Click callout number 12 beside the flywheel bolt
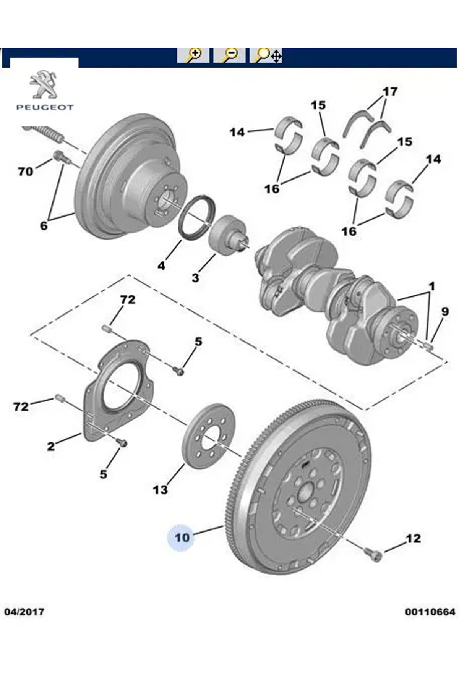[x=413, y=539]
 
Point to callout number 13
[x=160, y=489]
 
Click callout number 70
[x=26, y=172]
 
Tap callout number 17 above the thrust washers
[x=390, y=92]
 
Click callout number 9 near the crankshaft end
[x=444, y=312]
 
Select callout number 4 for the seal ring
[x=161, y=265]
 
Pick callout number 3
[x=195, y=278]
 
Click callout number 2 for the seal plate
[x=51, y=446]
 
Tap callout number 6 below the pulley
[x=44, y=226]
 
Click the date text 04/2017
[x=24, y=612]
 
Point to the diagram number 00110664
[x=430, y=612]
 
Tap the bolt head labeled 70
[x=60, y=155]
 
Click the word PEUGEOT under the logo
[x=45, y=107]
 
